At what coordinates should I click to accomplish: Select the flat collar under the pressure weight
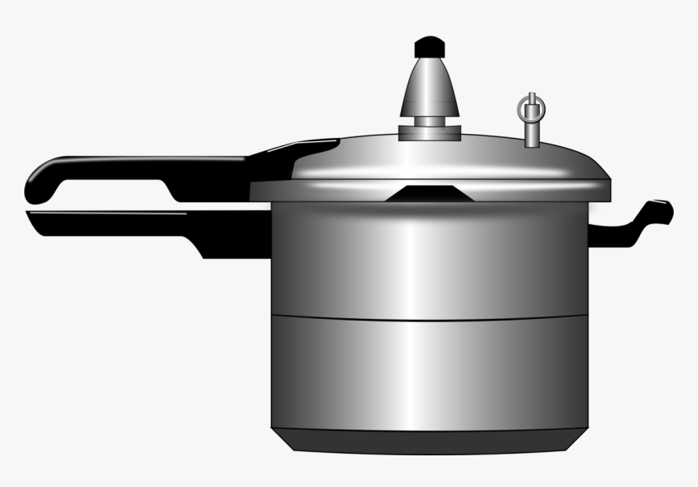tap(429, 132)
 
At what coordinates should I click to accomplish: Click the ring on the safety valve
tap(532, 107)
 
